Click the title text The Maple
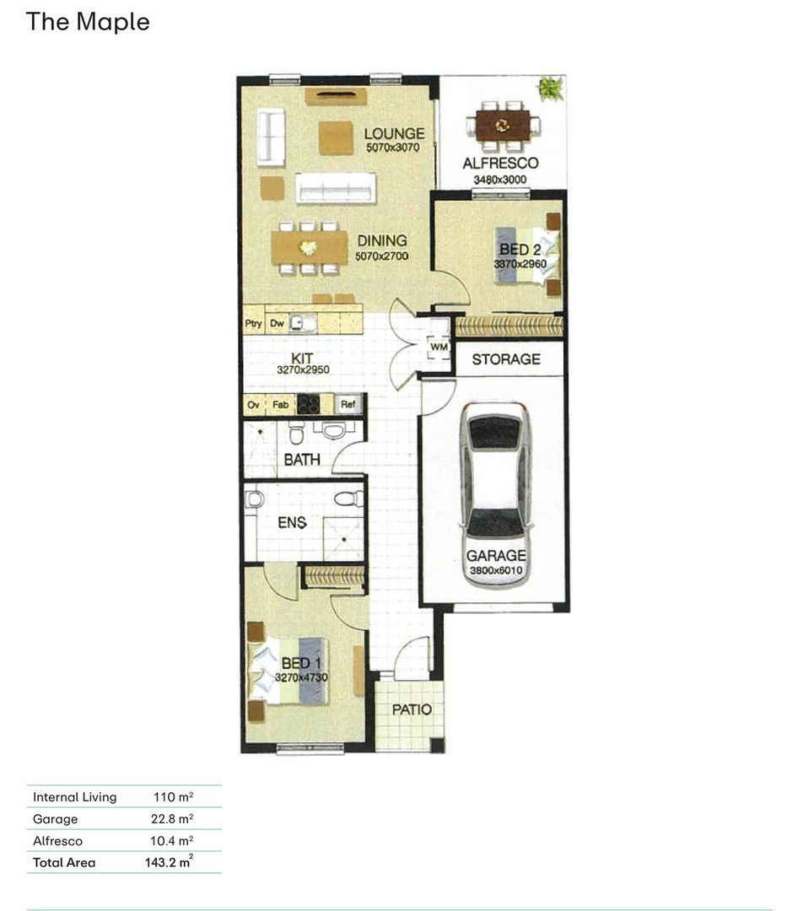click(x=88, y=22)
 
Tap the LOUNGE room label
click(x=394, y=133)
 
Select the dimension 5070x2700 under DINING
click(x=382, y=256)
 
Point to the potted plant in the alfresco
click(x=550, y=89)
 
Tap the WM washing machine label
click(x=439, y=347)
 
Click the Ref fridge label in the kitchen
click(x=348, y=404)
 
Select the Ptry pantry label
click(x=253, y=324)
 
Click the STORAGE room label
click(x=506, y=359)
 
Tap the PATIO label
click(x=412, y=709)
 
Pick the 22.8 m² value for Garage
click(x=172, y=818)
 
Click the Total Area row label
click(x=64, y=863)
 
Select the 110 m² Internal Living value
click(x=173, y=797)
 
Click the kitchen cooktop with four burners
click(x=309, y=404)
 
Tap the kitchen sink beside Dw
click(x=303, y=323)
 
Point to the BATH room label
click(x=302, y=460)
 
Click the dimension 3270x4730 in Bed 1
click(x=301, y=677)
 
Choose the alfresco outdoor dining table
click(x=503, y=126)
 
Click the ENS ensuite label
click(x=292, y=522)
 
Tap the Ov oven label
click(x=253, y=404)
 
